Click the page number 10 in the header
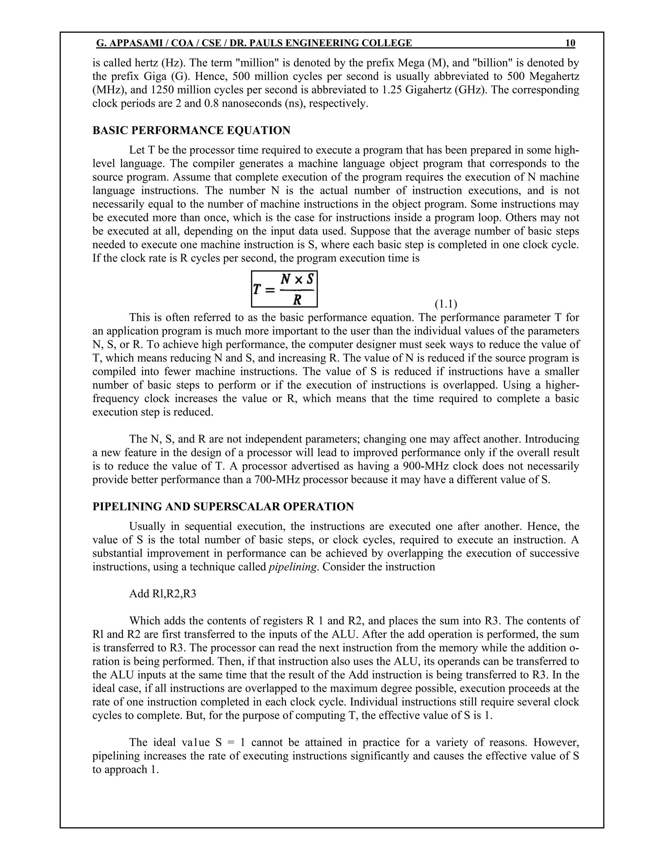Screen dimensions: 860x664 (x=570, y=43)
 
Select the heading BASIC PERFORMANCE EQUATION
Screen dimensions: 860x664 (x=191, y=130)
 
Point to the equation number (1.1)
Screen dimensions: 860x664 (x=446, y=304)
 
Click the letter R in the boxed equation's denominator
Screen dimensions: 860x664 (x=297, y=300)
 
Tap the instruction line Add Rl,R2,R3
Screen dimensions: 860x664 (x=162, y=594)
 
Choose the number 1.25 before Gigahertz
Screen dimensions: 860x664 (x=392, y=90)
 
